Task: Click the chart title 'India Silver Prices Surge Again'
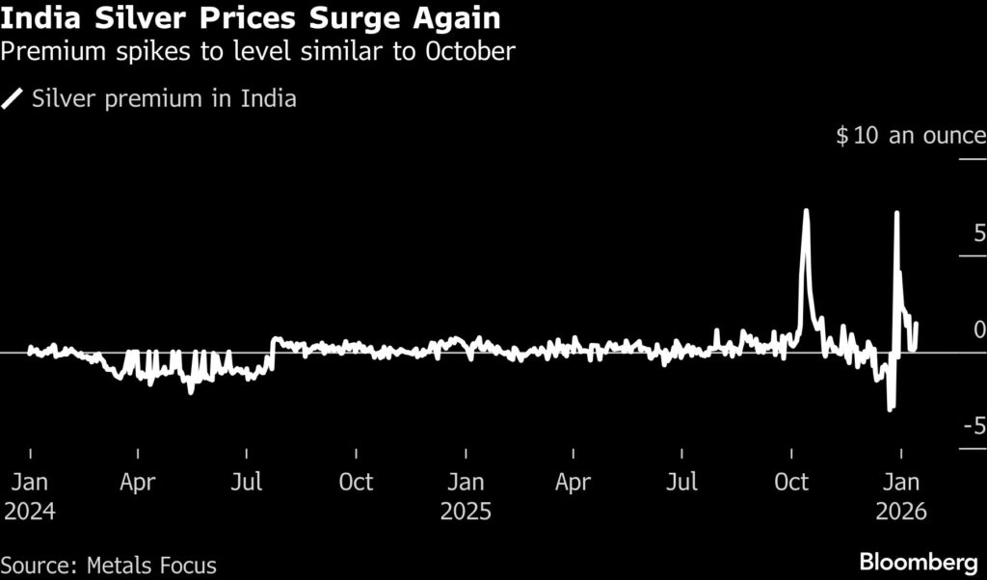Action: [x=251, y=18]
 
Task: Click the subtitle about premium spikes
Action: [x=257, y=52]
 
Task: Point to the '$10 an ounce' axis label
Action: [x=910, y=136]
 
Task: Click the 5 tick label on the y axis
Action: [x=978, y=233]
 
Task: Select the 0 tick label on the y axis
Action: [x=978, y=330]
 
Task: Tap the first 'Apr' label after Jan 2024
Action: [x=139, y=481]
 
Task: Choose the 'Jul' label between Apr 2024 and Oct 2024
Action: [x=249, y=481]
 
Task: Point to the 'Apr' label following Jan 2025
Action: [x=574, y=481]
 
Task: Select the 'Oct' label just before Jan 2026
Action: [x=791, y=481]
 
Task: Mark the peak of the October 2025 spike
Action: [x=806, y=211]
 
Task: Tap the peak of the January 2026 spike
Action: [x=897, y=213]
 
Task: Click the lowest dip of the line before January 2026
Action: [x=891, y=409]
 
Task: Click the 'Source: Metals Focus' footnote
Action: [x=109, y=564]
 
